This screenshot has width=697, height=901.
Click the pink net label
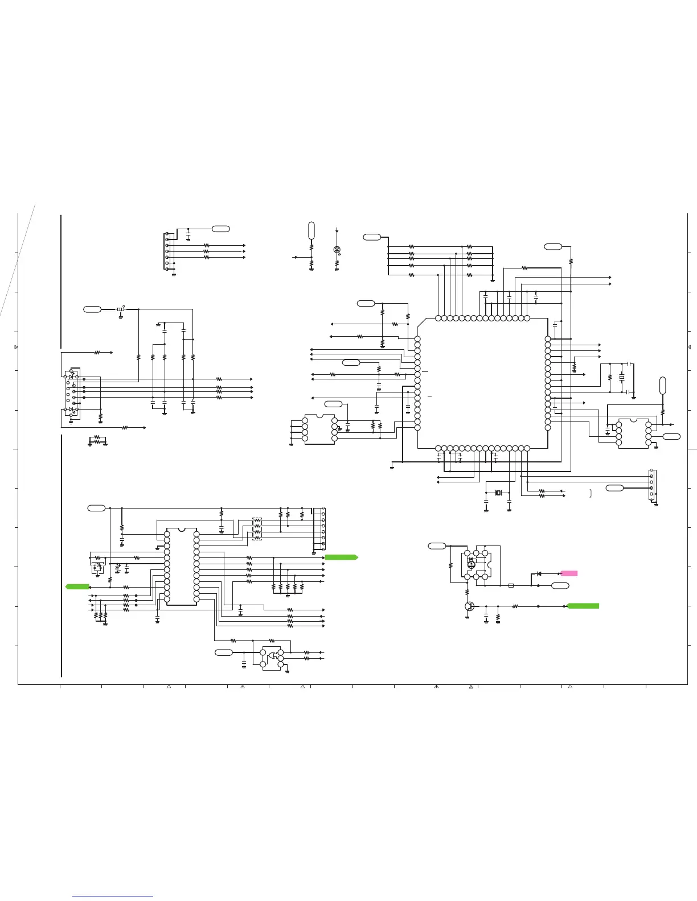pyautogui.click(x=569, y=573)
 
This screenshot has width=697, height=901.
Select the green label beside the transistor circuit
pyautogui.click(x=583, y=606)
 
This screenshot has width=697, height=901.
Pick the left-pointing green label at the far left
pyautogui.click(x=77, y=586)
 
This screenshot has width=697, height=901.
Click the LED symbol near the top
pyautogui.click(x=337, y=250)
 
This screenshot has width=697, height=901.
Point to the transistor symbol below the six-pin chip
pyautogui.click(x=469, y=606)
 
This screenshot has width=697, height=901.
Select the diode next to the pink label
pyautogui.click(x=539, y=573)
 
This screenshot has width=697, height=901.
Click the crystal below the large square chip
pyautogui.click(x=498, y=493)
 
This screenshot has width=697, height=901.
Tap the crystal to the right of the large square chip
pyautogui.click(x=622, y=377)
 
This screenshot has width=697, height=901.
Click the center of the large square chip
pyautogui.click(x=482, y=383)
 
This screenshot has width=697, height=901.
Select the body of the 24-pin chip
pyautogui.click(x=182, y=567)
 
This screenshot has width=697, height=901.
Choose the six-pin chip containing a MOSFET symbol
pyautogui.click(x=476, y=564)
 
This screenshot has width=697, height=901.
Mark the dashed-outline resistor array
pyautogui.click(x=257, y=528)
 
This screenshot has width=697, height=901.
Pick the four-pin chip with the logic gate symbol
pyautogui.click(x=272, y=658)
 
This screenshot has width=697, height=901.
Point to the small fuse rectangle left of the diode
pyautogui.click(x=511, y=585)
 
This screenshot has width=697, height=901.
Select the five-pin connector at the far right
pyautogui.click(x=652, y=485)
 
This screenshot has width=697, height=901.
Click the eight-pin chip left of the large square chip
pyautogui.click(x=319, y=429)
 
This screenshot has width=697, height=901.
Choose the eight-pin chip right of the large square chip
pyautogui.click(x=633, y=433)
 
